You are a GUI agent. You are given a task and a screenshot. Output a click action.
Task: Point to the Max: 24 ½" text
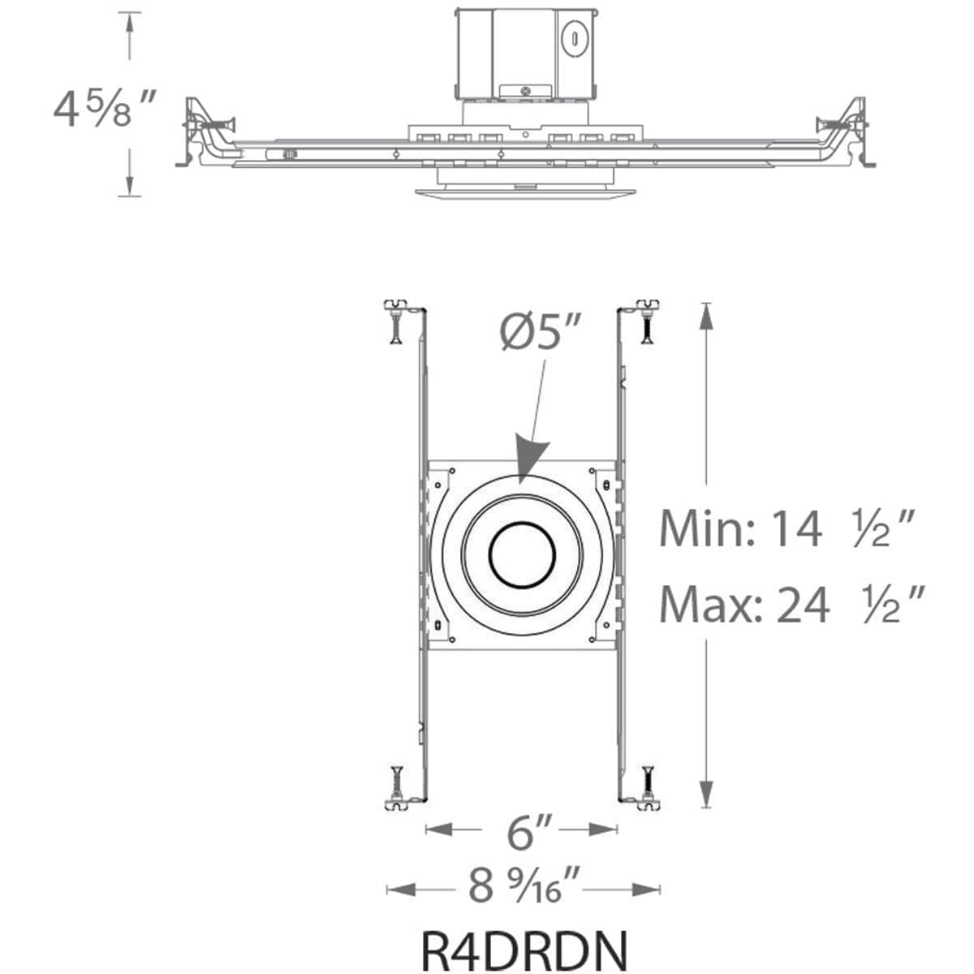click(791, 605)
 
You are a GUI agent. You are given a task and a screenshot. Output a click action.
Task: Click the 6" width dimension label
click(521, 831)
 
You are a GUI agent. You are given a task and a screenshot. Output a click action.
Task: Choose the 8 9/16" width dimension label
click(524, 886)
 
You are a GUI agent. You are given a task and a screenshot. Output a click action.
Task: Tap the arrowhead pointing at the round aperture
click(527, 463)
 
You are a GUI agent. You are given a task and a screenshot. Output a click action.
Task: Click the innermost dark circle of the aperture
click(522, 554)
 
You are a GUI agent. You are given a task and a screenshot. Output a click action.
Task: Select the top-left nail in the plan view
click(395, 324)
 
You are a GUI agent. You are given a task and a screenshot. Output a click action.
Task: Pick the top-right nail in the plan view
click(648, 324)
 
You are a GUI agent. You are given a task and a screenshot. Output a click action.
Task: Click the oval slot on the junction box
click(574, 37)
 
